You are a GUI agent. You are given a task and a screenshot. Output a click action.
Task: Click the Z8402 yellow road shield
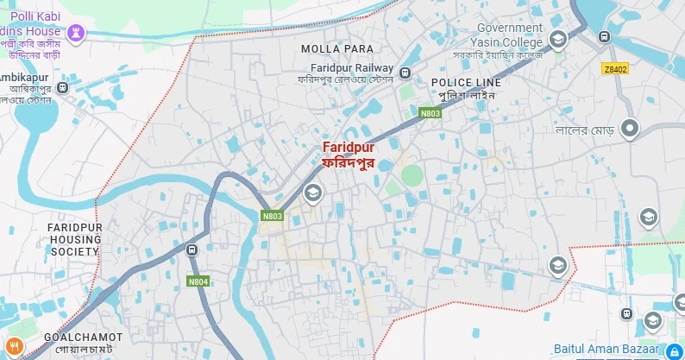pyautogui.click(x=615, y=67)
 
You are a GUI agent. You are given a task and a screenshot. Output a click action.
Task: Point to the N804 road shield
pyautogui.click(x=198, y=281)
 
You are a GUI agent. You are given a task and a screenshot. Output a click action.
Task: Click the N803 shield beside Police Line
pyautogui.click(x=430, y=112)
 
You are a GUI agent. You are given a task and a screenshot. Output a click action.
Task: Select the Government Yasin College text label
pyautogui.click(x=509, y=34)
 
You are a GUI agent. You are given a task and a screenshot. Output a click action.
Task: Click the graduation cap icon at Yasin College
pyautogui.click(x=558, y=39)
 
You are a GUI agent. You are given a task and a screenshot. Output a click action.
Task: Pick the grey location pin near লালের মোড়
pyautogui.click(x=631, y=129)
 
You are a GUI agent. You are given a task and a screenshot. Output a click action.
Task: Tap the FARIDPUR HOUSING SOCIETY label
pyautogui.click(x=74, y=238)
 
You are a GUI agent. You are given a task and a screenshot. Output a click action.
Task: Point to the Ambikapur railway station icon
pyautogui.click(x=63, y=88)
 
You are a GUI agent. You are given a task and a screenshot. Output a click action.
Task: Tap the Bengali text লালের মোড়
pyautogui.click(x=583, y=130)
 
